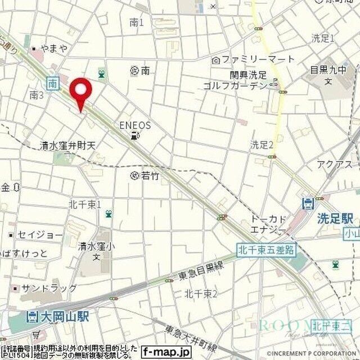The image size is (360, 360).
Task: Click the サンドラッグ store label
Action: pyautogui.click(x=49, y=288)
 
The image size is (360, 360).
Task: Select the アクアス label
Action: pyautogui.click(x=335, y=164)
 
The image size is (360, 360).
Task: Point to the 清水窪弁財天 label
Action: pyautogui.click(x=69, y=145)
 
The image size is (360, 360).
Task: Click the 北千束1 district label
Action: pyautogui.click(x=84, y=204)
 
